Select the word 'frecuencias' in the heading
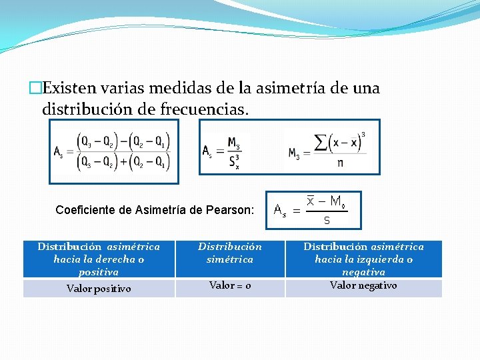pyautogui.click(x=204, y=108)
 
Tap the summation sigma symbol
pyautogui.click(x=322, y=142)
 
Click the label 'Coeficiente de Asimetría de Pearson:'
pyautogui.click(x=155, y=210)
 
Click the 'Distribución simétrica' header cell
pyautogui.click(x=230, y=253)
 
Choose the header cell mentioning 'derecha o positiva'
pyautogui.click(x=99, y=259)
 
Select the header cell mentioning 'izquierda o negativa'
pyautogui.click(x=363, y=259)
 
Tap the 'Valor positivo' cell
pyautogui.click(x=99, y=289)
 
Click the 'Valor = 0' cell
pyautogui.click(x=230, y=285)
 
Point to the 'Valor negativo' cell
pyautogui.click(x=363, y=285)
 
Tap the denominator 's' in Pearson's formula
pyautogui.click(x=327, y=219)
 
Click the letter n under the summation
pyautogui.click(x=341, y=162)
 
